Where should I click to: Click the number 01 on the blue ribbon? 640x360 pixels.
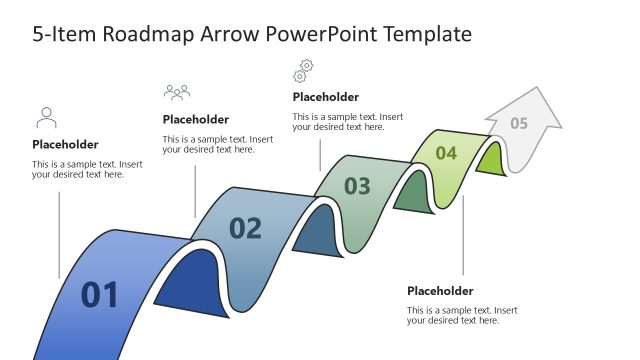[x=100, y=295]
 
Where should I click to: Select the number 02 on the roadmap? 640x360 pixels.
[x=245, y=229]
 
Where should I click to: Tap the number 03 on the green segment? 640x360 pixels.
[x=357, y=186]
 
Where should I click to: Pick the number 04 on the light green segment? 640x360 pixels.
[x=446, y=153]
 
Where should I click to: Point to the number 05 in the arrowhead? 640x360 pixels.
[x=519, y=124]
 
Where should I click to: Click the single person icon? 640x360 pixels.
[x=46, y=118]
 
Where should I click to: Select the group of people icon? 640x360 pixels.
[x=177, y=93]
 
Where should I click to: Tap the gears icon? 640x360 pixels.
[x=302, y=71]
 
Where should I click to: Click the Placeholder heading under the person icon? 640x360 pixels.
[x=65, y=144]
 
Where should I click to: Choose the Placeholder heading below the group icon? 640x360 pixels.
[x=195, y=120]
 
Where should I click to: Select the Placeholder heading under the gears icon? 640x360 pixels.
[x=325, y=97]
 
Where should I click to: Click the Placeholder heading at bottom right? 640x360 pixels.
[x=440, y=291]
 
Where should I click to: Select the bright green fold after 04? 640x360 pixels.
[x=489, y=160]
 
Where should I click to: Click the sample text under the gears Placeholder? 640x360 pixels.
[x=348, y=122]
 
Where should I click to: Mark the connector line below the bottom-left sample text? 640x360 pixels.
[x=59, y=230]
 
